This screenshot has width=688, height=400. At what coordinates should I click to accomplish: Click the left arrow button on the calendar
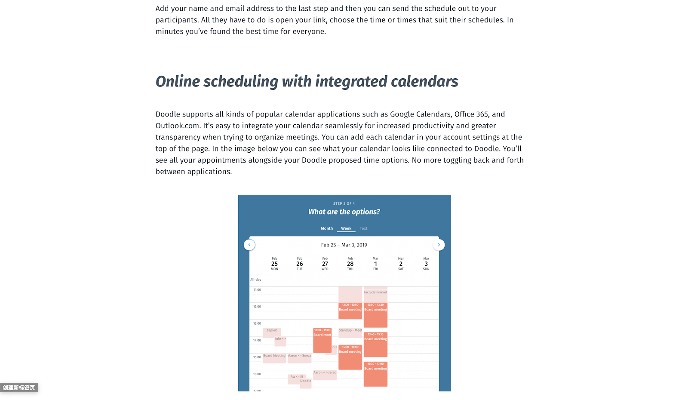click(249, 245)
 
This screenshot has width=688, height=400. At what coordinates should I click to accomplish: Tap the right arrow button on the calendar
click(439, 245)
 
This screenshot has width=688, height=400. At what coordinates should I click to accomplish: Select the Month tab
click(327, 228)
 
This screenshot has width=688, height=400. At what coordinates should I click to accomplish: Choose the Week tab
click(346, 228)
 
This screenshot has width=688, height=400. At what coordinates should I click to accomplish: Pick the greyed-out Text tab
click(363, 228)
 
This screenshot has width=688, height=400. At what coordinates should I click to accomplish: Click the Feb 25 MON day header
click(274, 264)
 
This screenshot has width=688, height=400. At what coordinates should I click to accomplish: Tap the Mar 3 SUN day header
click(426, 264)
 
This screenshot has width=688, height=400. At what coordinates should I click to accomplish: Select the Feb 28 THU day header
click(350, 264)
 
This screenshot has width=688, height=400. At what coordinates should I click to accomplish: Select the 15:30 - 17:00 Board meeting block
click(375, 374)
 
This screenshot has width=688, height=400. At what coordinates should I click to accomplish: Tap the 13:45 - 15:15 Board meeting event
click(375, 344)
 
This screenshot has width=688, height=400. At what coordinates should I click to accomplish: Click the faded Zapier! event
click(272, 332)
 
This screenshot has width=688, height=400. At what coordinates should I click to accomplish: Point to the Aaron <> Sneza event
click(299, 357)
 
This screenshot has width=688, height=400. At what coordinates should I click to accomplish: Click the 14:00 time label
click(257, 340)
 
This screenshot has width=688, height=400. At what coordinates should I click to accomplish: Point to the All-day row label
click(256, 280)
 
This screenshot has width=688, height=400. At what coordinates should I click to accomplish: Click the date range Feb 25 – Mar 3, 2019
click(344, 245)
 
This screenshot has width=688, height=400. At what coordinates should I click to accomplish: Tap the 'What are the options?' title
click(344, 212)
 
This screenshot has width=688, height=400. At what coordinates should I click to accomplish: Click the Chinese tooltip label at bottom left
click(19, 388)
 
